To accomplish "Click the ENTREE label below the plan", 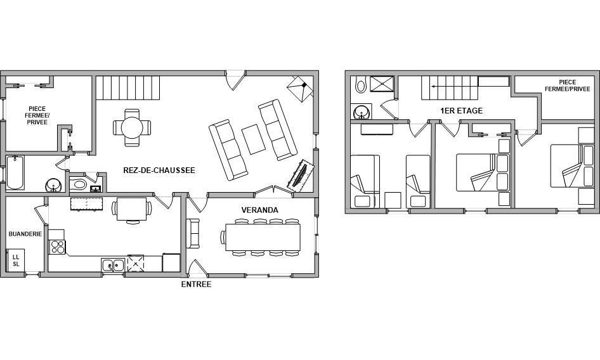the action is [x=197, y=284].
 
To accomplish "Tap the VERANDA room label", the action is [x=260, y=210].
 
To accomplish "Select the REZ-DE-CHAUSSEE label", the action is [x=159, y=170].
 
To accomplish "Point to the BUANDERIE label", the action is [x=25, y=234].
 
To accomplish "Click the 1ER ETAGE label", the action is [x=462, y=110].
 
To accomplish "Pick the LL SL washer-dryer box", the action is [x=16, y=260].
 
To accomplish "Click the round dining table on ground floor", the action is [x=132, y=127].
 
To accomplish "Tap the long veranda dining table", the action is [x=263, y=237].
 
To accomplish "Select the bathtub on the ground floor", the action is [x=15, y=172].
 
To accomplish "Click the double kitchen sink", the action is [x=113, y=265].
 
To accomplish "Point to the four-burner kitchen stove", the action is [x=57, y=247].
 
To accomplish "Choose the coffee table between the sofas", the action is [x=253, y=139].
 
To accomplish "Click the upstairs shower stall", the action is [x=382, y=84].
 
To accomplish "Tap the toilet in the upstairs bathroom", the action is [x=360, y=84].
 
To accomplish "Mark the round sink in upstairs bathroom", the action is [x=361, y=112].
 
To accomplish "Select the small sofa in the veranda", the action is [x=193, y=233].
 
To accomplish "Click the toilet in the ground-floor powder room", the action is [x=78, y=185].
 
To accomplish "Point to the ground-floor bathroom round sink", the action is [x=53, y=186].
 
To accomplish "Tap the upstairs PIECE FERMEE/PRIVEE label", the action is [x=567, y=86].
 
